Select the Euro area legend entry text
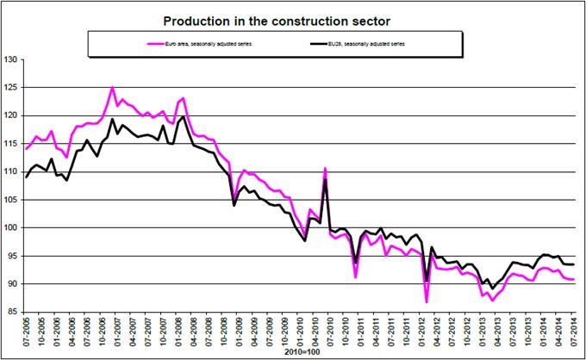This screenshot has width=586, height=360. [200, 40]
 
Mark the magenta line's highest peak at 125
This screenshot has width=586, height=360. [112, 88]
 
